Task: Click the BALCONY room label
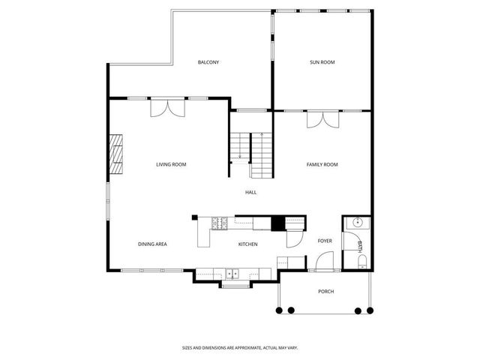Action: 208,62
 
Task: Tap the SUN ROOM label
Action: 322,62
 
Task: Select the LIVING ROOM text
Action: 171,164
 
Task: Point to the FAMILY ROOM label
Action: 322,164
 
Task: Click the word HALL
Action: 250,192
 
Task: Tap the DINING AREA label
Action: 152,244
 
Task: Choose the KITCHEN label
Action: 248,244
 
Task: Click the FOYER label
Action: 325,241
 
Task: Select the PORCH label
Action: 325,291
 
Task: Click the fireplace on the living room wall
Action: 115,154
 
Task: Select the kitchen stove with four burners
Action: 221,222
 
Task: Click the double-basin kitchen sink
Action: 233,274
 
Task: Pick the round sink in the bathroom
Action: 356,223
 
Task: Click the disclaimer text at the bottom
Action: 240,347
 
